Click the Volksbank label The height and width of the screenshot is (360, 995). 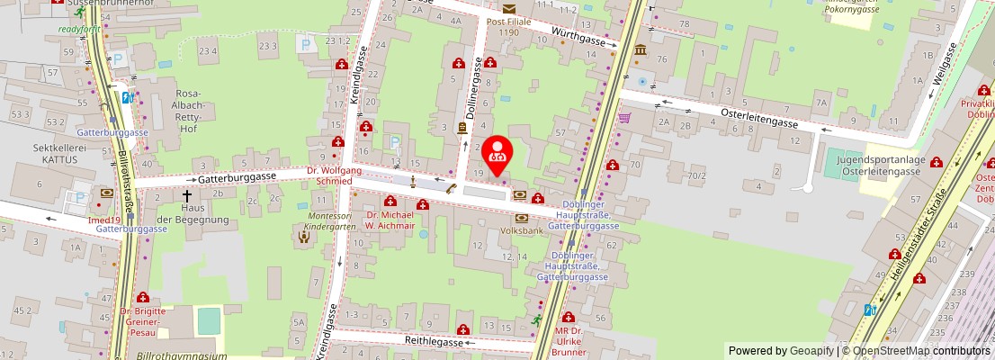tap(521, 229)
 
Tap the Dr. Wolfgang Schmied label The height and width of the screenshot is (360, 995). tap(334, 175)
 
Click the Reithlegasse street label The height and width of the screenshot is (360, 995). tap(433, 342)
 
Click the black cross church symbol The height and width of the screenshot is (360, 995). tap(188, 194)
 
